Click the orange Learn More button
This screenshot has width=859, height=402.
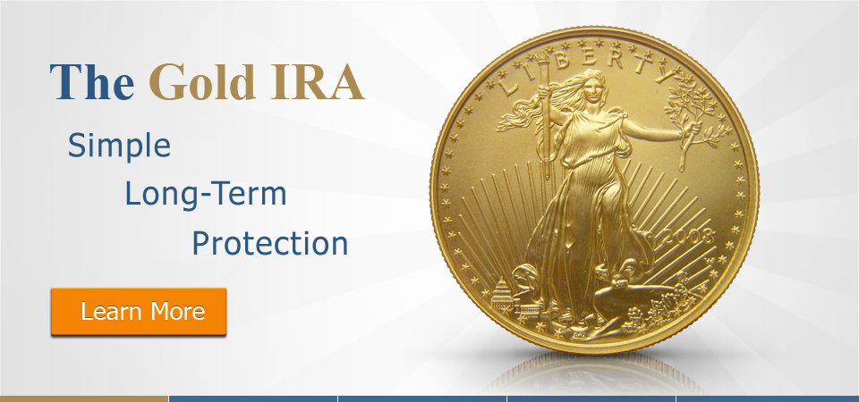139,311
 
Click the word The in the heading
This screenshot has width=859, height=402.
92,82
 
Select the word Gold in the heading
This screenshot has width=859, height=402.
202,82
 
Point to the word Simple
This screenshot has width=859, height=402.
119,147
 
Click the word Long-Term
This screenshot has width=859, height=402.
206,194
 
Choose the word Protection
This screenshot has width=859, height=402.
270,243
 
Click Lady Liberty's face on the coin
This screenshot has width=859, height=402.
591,88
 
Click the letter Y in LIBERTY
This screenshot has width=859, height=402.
663,72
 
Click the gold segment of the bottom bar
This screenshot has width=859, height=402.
84,398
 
